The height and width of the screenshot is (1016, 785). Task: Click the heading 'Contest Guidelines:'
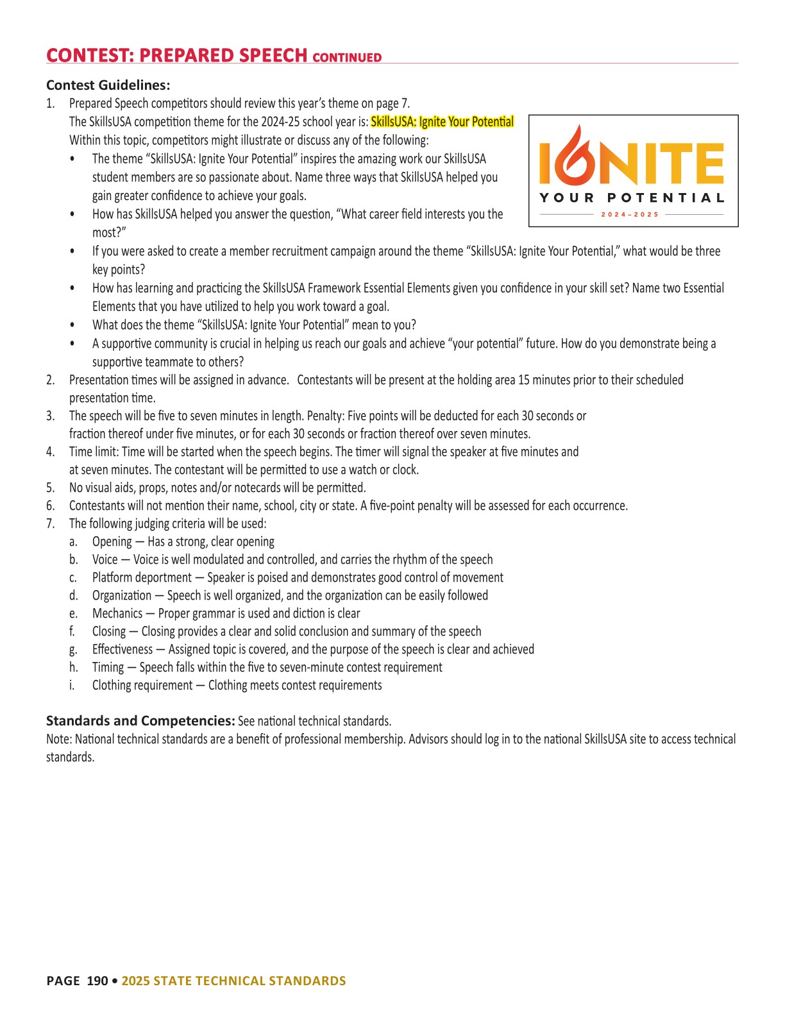pos(108,85)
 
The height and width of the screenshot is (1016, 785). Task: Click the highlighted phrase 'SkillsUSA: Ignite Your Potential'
pos(442,122)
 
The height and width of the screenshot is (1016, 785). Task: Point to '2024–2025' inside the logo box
pos(630,214)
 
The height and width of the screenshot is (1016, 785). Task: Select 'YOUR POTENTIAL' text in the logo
pos(632,198)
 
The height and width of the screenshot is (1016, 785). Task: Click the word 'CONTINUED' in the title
pos(347,58)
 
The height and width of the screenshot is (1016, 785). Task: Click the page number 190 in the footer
pos(97,981)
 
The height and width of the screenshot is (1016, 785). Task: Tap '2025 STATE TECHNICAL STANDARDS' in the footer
pos(233,981)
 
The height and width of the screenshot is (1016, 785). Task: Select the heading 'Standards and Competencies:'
pos(140,720)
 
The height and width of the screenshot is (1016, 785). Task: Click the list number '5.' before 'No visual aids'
pos(51,487)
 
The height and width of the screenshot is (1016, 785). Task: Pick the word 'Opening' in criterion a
pos(112,541)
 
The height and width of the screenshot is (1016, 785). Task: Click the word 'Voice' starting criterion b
pos(105,559)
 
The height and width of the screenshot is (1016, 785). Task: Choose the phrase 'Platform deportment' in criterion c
pos(142,577)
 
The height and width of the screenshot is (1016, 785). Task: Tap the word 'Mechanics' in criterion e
pos(117,613)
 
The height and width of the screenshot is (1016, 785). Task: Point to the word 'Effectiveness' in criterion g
pos(122,649)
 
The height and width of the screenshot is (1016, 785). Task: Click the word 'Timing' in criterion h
pos(108,667)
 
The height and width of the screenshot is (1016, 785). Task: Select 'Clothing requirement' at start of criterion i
pos(142,685)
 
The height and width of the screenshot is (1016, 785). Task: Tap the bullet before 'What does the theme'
pos(72,325)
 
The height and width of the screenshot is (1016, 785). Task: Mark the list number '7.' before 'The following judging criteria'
pos(51,523)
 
